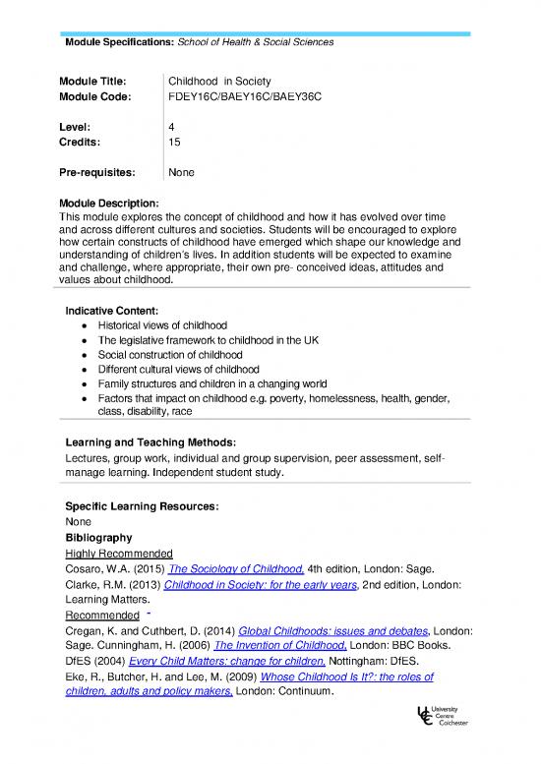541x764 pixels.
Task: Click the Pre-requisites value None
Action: (181, 173)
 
